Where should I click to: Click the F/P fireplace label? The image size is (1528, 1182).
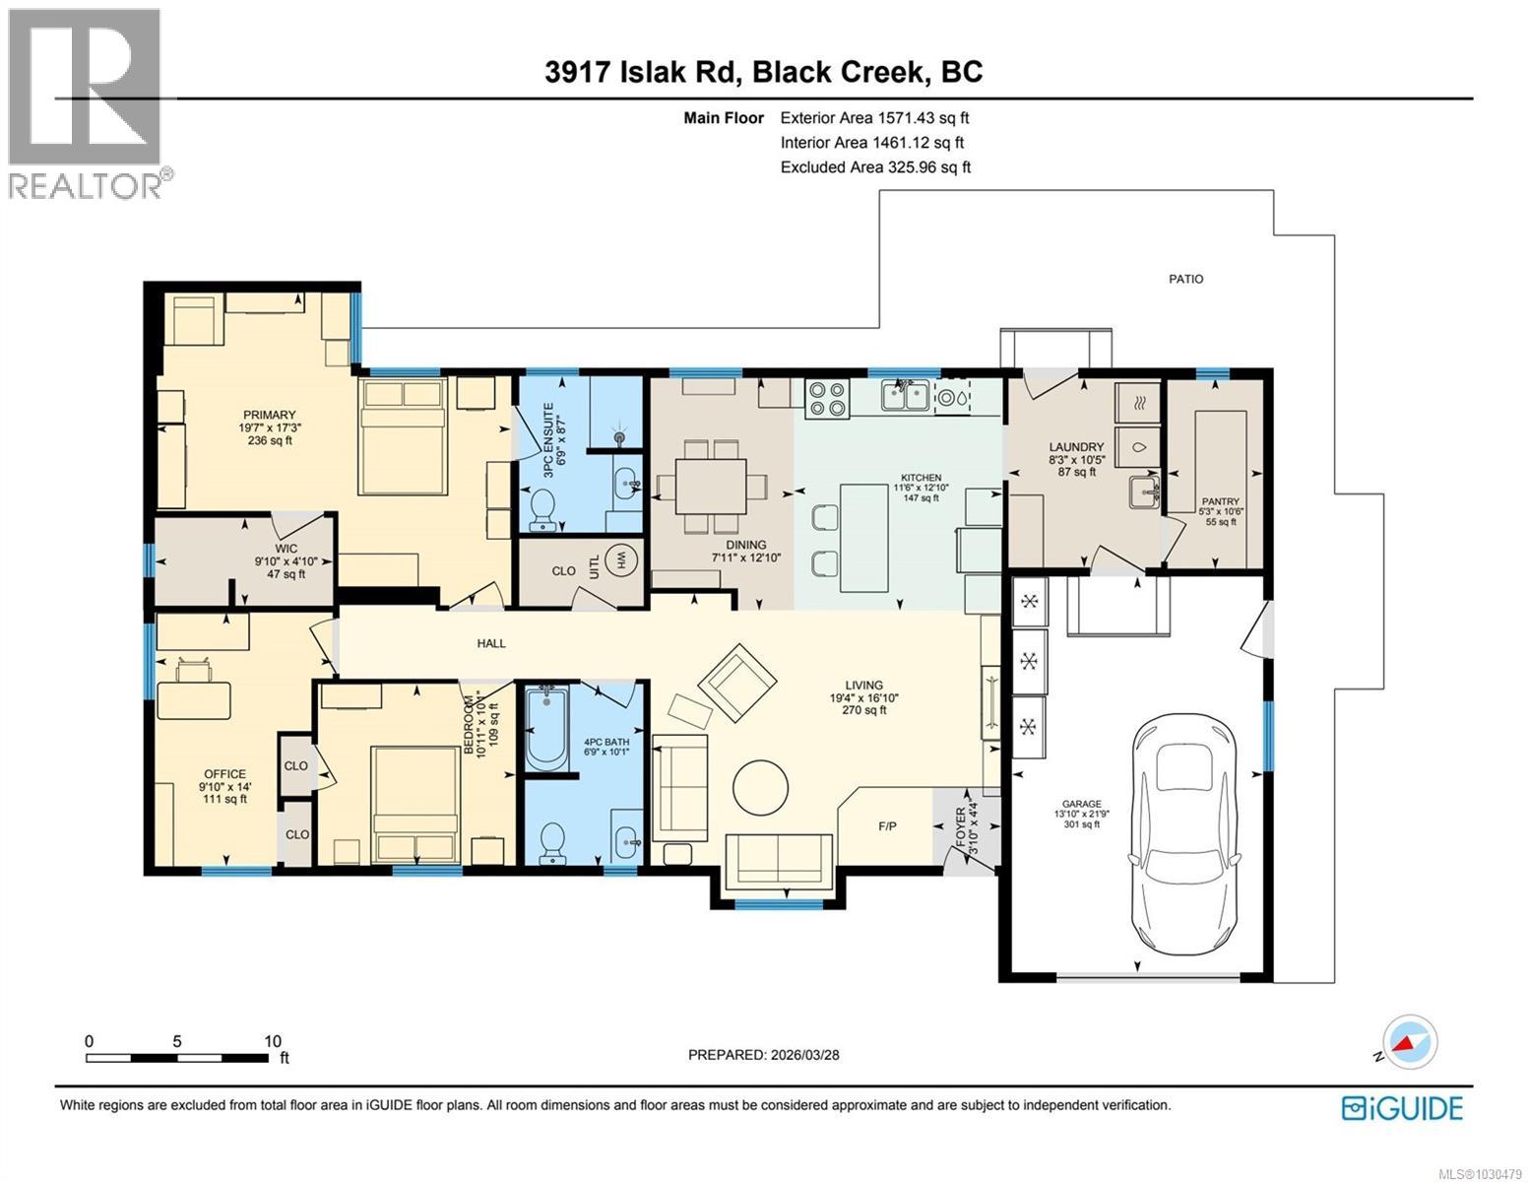pyautogui.click(x=886, y=825)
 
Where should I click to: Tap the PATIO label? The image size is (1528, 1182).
pyautogui.click(x=1185, y=279)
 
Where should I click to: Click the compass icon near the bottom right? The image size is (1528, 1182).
pyautogui.click(x=1410, y=1042)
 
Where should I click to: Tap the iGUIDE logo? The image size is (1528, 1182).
pyautogui.click(x=1402, y=1107)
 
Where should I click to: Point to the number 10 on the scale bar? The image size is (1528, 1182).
pyautogui.click(x=273, y=1040)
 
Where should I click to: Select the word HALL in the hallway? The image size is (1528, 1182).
pyautogui.click(x=491, y=643)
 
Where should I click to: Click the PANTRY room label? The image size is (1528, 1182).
pyautogui.click(x=1220, y=501)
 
